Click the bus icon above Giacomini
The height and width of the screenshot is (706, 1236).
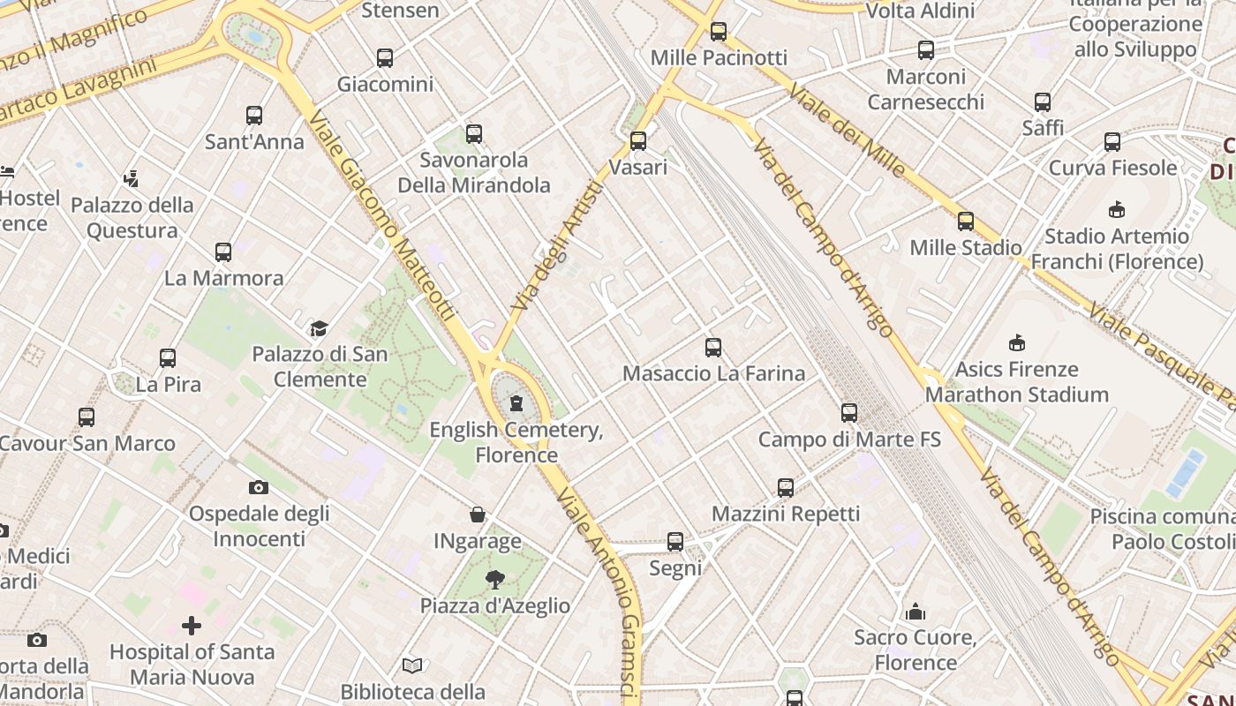coord(385,58)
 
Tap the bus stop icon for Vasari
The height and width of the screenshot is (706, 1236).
coord(638,141)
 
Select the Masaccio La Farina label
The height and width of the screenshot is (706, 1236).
coord(713,373)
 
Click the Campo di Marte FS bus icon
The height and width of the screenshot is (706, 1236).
coord(849,412)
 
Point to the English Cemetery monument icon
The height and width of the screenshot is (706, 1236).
coord(516,404)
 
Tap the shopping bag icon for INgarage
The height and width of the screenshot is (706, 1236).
coord(478,514)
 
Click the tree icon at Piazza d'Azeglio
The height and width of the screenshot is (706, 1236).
coord(495,579)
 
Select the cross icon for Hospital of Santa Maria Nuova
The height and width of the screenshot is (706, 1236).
coord(192,626)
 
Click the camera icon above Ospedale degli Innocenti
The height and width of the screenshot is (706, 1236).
coord(259,487)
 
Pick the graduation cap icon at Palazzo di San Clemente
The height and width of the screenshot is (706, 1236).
coord(319,328)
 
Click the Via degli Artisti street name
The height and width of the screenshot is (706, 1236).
coord(557,245)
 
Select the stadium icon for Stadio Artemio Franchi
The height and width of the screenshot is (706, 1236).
coord(1117,209)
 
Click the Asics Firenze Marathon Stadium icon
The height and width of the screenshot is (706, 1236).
coord(1017,342)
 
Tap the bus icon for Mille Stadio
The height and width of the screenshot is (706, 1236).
coord(966,222)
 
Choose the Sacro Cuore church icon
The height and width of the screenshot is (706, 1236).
coord(916,611)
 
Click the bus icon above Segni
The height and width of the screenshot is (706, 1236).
coord(675,542)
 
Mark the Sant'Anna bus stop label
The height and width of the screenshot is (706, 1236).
coord(254,141)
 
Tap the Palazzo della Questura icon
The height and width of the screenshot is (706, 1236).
coord(132,179)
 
